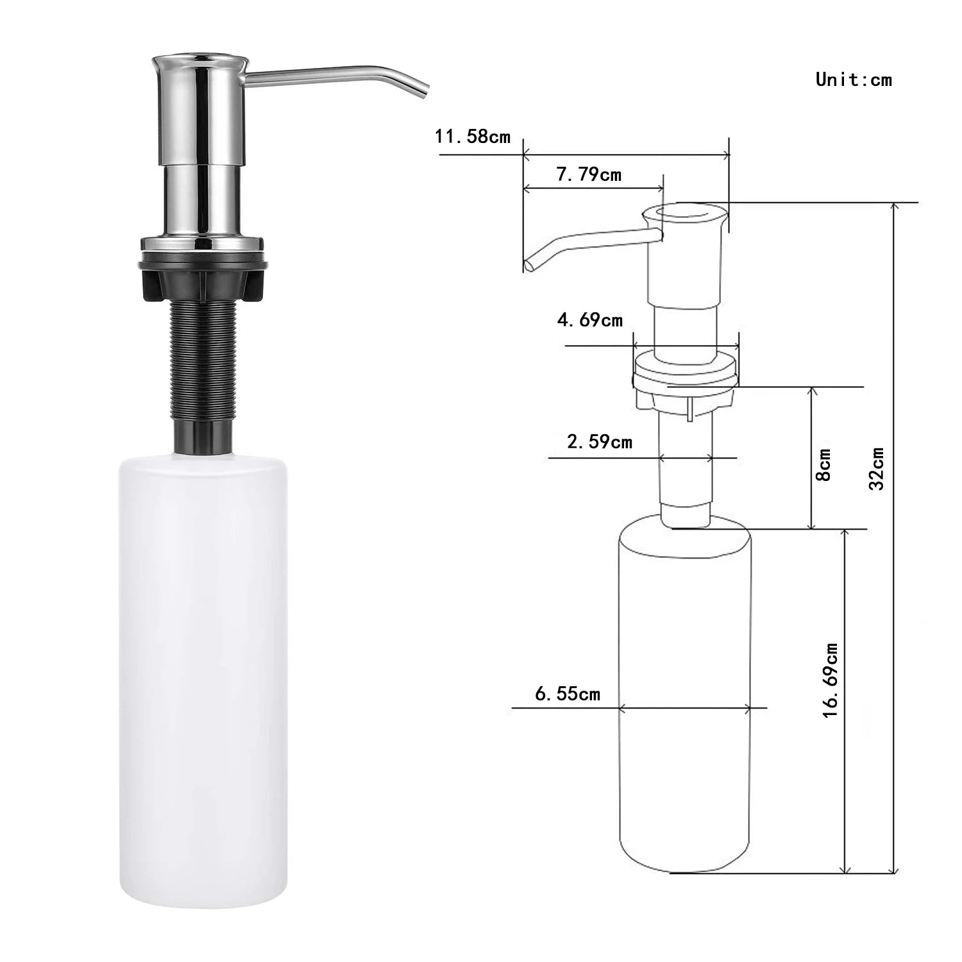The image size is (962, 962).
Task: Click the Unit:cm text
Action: coord(853,80)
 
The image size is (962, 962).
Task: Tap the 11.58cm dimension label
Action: coord(473,137)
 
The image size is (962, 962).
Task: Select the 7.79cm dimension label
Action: coord(589,174)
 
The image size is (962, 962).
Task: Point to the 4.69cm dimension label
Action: coord(589,320)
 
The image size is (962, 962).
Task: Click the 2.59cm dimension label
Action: coord(599,442)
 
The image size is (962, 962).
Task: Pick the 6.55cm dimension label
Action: coord(567,694)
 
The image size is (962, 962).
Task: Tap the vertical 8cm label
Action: coord(825,464)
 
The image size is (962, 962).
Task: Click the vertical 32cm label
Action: coord(877,469)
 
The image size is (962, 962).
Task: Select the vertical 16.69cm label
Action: coord(831,680)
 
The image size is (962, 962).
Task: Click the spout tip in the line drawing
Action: coord(530,264)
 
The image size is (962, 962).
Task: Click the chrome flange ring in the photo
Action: coord(201,243)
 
